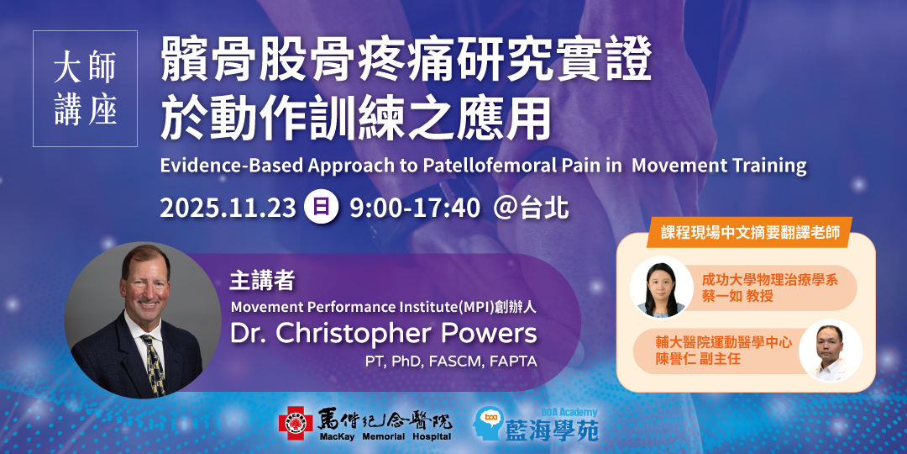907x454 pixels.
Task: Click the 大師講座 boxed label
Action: coord(85,88)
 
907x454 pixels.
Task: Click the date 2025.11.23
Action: coord(228,209)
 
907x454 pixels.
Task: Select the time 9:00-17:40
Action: coord(414,209)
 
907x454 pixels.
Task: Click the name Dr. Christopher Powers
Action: coord(384,334)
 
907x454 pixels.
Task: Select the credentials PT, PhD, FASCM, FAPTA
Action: coord(451,362)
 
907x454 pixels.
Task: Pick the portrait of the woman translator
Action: coord(661,288)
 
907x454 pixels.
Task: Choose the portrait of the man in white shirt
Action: coord(830,351)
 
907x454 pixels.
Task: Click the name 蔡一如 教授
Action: coord(737,295)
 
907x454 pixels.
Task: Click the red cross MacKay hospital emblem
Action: coord(296,423)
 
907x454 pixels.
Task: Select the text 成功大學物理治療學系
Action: coord(770,278)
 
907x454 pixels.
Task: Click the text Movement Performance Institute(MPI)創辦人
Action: coord(384,307)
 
